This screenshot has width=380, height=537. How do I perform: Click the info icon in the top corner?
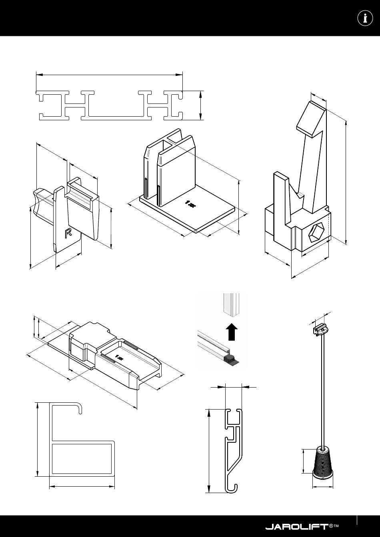point(365,18)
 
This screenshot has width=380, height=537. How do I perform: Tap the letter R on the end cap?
point(68,233)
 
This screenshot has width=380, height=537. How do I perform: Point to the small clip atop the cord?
point(321,330)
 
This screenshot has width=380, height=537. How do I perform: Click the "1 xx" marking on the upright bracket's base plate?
point(190,204)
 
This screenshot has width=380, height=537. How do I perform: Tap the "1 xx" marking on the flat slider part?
point(119,357)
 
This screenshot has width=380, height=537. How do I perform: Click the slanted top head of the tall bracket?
point(311,119)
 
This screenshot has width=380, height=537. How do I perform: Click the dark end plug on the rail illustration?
point(231,359)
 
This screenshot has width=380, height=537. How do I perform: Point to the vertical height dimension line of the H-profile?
point(200,105)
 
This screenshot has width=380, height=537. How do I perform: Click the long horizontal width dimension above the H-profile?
point(109,75)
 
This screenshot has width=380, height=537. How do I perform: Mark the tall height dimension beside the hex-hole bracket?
point(346,183)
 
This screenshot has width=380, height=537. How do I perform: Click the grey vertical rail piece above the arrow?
point(232,305)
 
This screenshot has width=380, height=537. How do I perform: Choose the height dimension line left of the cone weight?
point(304,461)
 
